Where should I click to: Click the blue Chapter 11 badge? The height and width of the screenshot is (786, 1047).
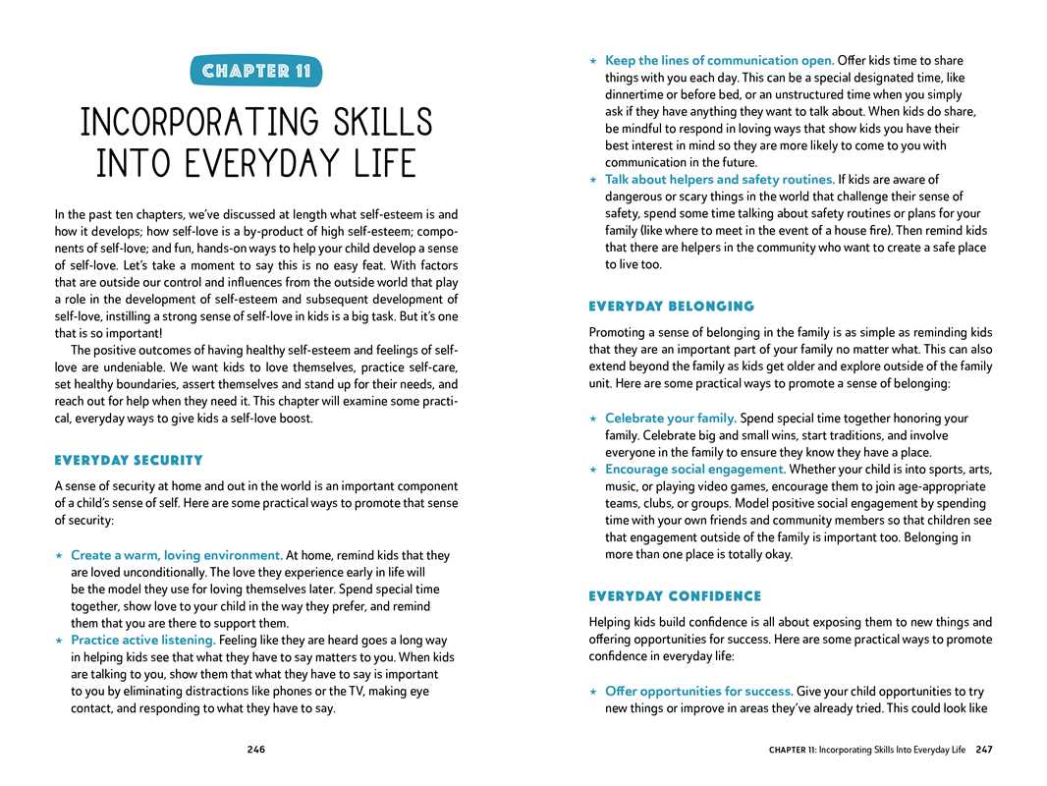256,71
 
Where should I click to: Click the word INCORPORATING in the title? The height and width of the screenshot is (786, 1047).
191,124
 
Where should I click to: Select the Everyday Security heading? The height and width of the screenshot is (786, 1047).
129,460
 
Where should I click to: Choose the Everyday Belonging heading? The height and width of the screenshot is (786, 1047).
672,307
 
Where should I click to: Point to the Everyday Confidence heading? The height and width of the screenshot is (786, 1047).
675,596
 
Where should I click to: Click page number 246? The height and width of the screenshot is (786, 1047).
255,750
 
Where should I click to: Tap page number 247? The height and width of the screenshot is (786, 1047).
984,750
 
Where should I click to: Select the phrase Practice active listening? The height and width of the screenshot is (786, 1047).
142,640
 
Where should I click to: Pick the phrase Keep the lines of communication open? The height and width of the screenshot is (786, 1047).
720,61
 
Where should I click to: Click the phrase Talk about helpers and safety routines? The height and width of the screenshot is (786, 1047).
719,179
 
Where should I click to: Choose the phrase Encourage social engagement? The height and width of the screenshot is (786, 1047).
695,469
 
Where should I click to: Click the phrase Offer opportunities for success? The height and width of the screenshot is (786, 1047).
698,691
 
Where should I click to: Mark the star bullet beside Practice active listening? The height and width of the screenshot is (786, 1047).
59,641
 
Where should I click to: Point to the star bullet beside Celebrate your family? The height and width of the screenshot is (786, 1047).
593,420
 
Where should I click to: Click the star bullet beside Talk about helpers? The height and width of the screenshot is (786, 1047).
593,180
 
